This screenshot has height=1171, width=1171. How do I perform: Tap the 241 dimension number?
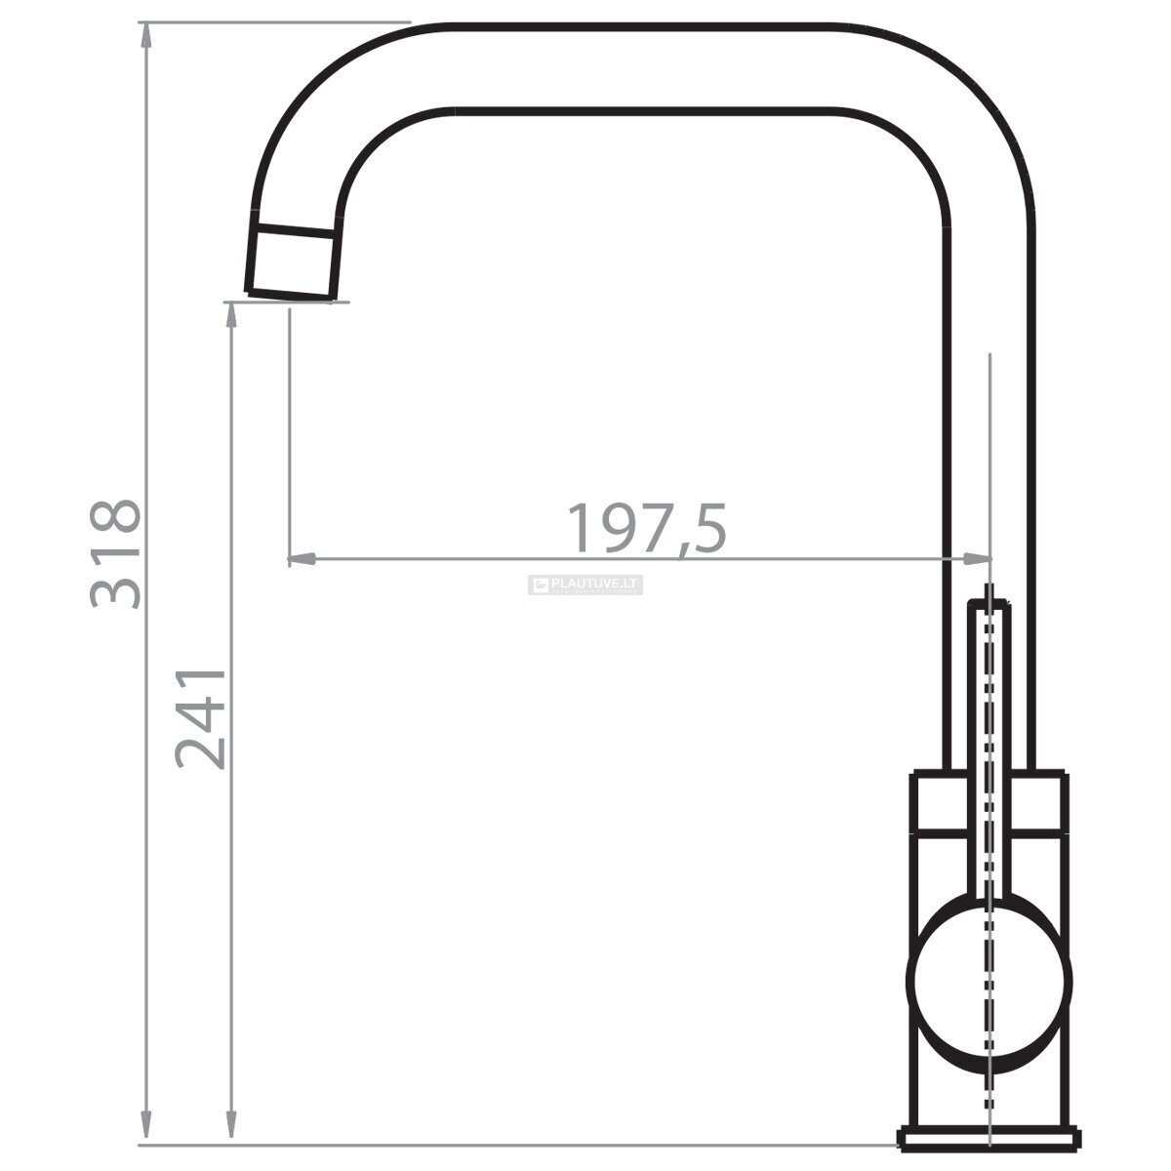coord(200,719)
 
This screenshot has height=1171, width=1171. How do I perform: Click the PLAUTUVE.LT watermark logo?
coord(585,585)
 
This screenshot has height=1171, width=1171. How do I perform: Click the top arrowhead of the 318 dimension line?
coord(145,34)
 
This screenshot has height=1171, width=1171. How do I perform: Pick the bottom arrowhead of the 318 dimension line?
coord(145,1133)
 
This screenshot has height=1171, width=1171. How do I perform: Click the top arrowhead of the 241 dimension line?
coord(231,315)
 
